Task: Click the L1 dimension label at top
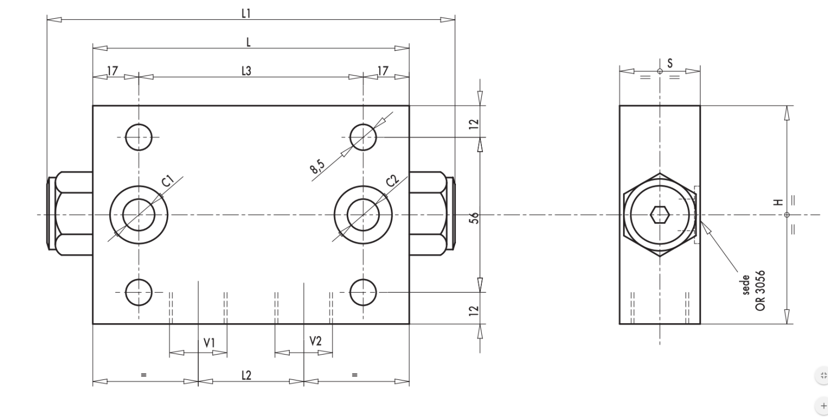[246, 14]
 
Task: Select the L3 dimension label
[246, 71]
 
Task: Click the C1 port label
[168, 181]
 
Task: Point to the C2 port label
[392, 181]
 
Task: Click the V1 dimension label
[209, 342]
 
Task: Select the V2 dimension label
[315, 341]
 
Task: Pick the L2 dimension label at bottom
[246, 375]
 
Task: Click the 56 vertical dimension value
[473, 217]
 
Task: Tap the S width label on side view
[670, 63]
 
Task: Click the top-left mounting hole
[138, 137]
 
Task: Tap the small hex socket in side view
[660, 214]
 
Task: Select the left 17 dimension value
[112, 71]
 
